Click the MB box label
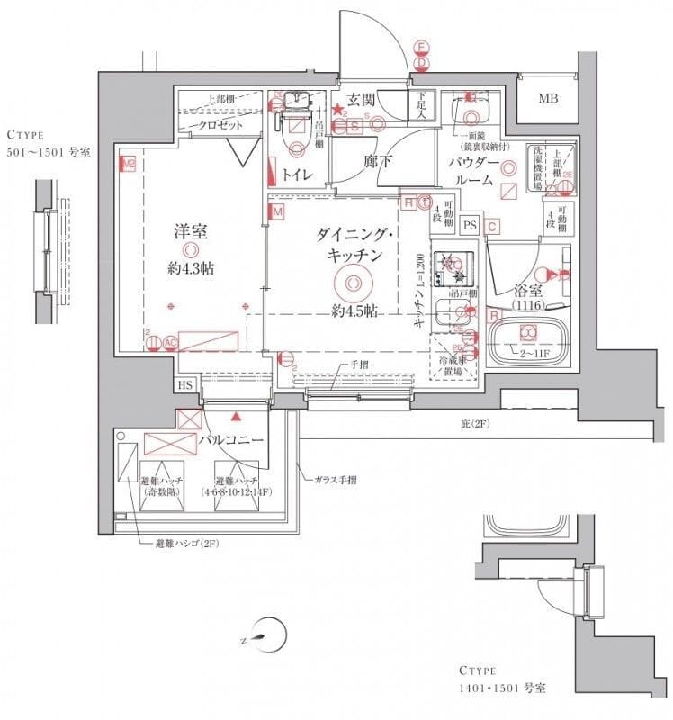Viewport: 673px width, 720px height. pos(548,99)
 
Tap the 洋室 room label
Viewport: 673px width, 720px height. pos(191,230)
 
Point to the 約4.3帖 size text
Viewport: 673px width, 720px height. pos(191,268)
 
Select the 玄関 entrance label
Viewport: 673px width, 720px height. pos(362,99)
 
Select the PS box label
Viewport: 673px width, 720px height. pos(470,225)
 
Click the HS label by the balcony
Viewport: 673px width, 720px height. pos(186,385)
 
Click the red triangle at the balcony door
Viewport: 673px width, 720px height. pos(236,418)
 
